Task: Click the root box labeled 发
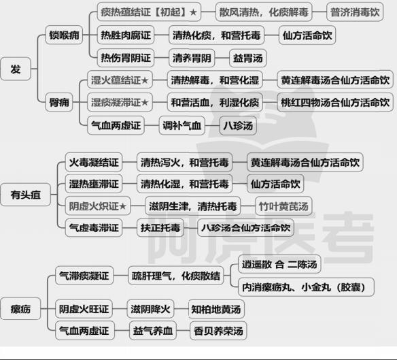coord(16,69)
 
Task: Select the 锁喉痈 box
coord(64,35)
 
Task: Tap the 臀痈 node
coord(59,103)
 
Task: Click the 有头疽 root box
coord(25,195)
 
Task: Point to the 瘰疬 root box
coord(20,309)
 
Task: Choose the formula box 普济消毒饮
coord(355,12)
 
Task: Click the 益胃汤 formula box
coord(247,58)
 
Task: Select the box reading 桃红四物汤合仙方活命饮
coord(335,103)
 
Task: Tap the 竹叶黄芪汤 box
coord(283,206)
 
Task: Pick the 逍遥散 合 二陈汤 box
coord(279,265)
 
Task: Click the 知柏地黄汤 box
coord(216,309)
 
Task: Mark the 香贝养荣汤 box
coord(218,331)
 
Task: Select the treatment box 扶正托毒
coord(160,228)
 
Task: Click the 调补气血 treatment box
coord(182,125)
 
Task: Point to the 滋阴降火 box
coord(150,309)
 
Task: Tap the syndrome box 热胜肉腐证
coord(126,35)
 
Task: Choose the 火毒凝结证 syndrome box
coord(94,162)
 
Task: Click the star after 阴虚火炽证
coord(122,206)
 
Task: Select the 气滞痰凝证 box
coord(84,276)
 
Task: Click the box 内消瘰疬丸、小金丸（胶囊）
coord(306,287)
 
